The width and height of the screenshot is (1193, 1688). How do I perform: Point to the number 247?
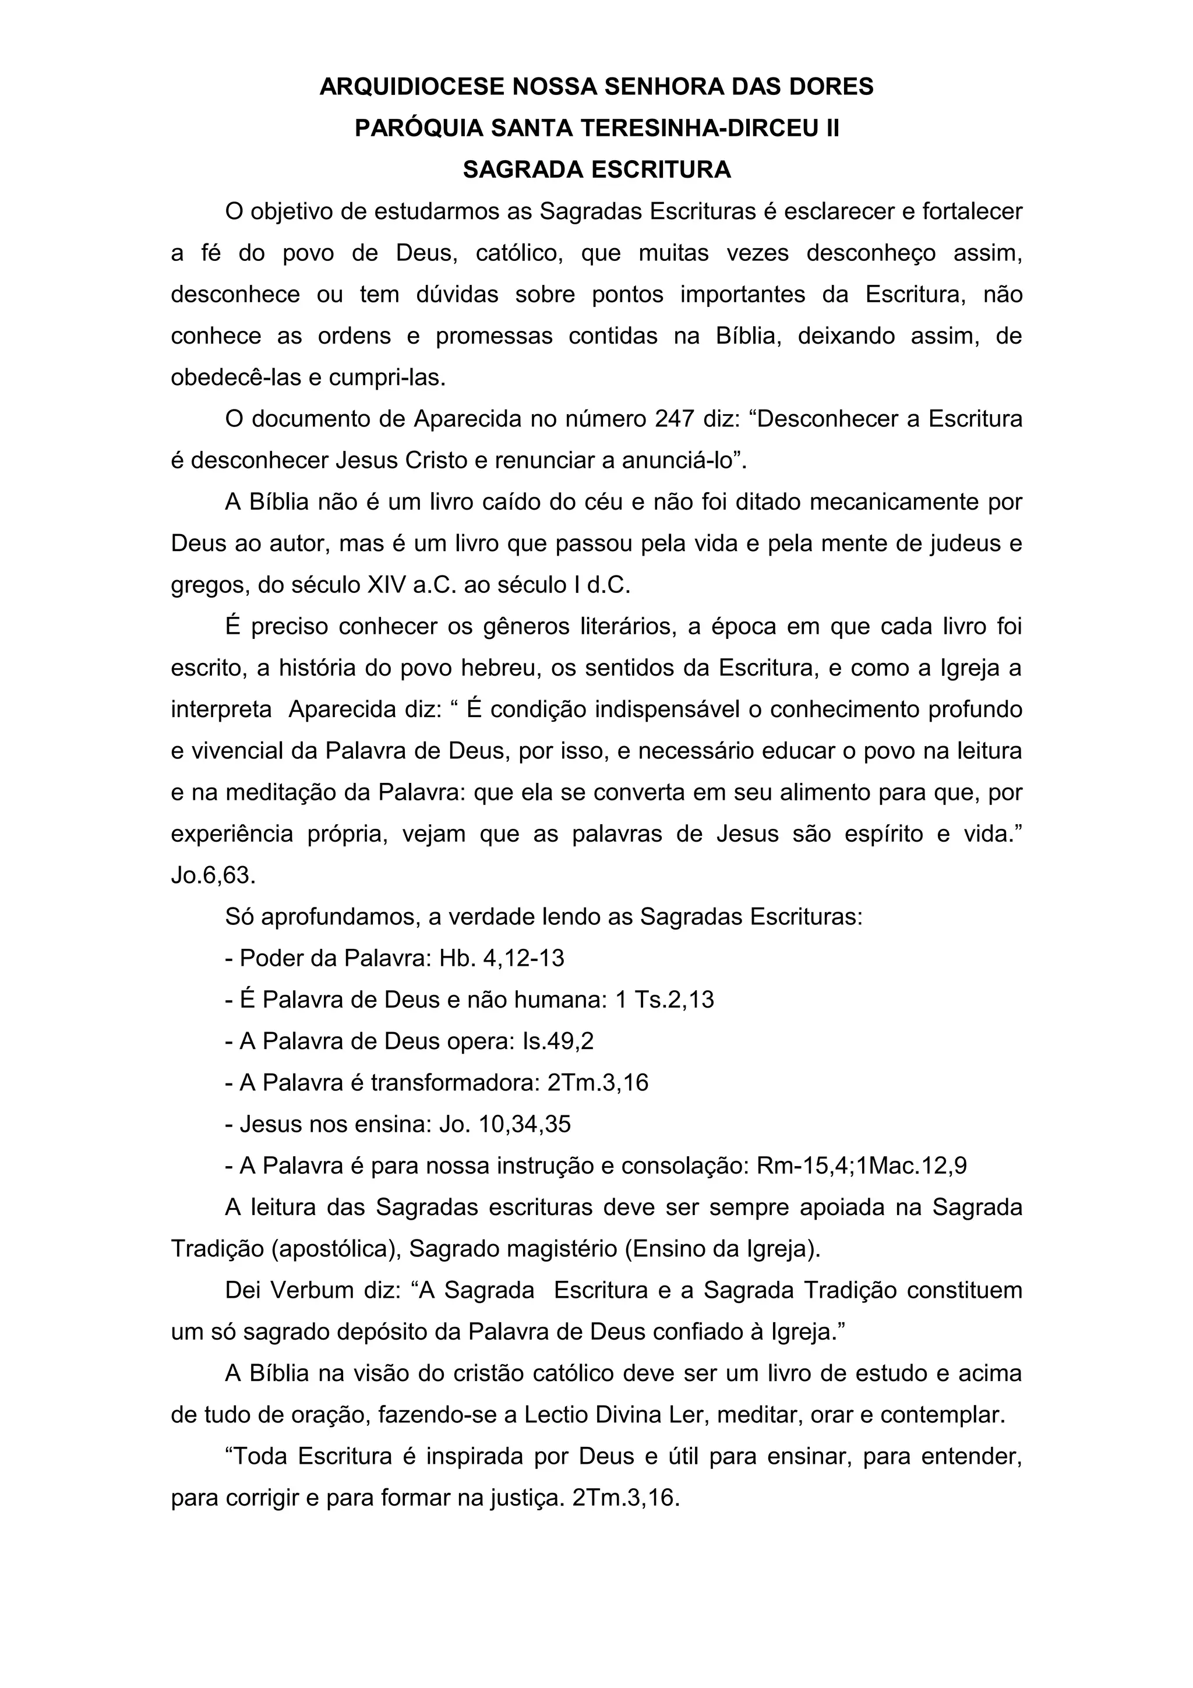pyautogui.click(x=674, y=419)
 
